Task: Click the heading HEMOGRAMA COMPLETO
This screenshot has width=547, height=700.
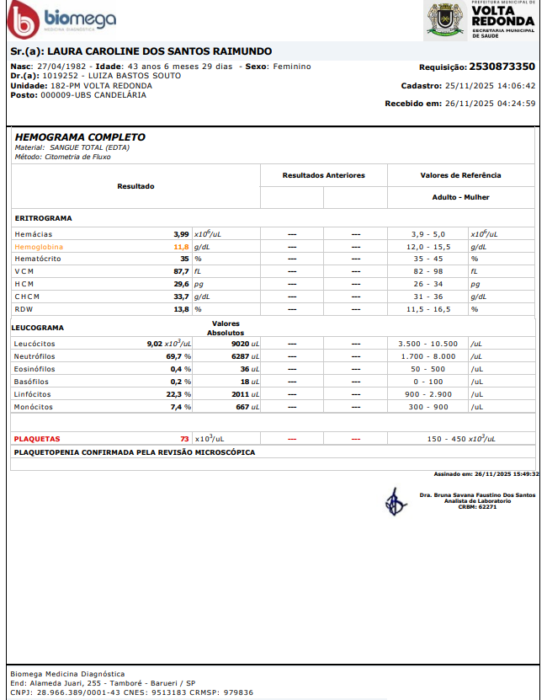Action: pos(80,137)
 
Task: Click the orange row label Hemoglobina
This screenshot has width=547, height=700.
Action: pos(39,248)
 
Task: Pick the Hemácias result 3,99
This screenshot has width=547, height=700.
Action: pos(181,234)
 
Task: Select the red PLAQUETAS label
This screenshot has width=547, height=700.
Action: pos(37,439)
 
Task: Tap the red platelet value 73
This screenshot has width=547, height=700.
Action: pos(184,439)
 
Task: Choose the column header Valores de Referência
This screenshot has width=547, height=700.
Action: pos(460,175)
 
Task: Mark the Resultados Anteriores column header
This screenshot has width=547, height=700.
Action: pos(323,175)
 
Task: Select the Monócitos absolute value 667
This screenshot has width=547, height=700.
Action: pos(242,407)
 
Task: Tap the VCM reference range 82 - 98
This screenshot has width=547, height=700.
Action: pos(428,272)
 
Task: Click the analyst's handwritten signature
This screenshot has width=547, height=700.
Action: pos(394,502)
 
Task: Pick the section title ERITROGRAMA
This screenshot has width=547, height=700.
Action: pos(44,218)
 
